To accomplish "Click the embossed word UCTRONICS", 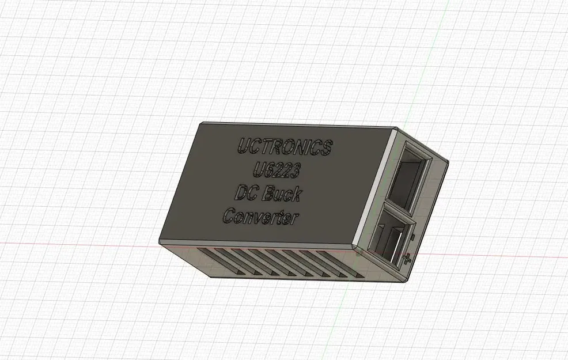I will tap(285, 147).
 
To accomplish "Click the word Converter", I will tap(261, 217).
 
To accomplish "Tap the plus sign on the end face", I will tap(407, 259).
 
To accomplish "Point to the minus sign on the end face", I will tap(413, 237).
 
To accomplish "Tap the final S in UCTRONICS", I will tap(327, 149).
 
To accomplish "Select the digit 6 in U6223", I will tap(268, 169).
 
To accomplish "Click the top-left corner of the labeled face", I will tap(200, 123).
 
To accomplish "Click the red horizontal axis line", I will tap(86, 242).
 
